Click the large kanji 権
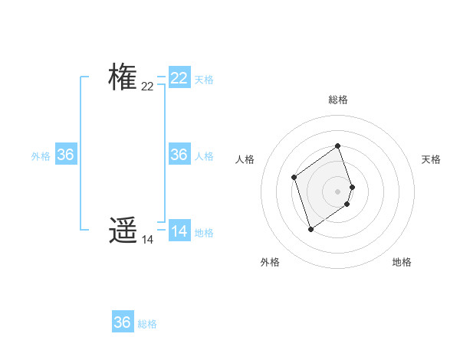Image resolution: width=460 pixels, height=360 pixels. [x=123, y=77]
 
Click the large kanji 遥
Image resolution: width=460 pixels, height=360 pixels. [x=123, y=230]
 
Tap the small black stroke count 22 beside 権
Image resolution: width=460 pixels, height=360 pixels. [x=147, y=87]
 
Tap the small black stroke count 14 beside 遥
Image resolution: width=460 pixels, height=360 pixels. [x=147, y=240]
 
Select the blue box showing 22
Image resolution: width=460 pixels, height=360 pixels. [x=179, y=78]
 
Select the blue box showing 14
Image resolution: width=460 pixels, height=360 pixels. [x=179, y=231]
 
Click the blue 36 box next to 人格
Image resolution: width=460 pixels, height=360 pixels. [x=179, y=155]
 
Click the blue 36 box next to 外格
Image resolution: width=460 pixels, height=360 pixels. [x=66, y=155]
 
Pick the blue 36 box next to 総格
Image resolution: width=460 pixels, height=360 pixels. [x=123, y=322]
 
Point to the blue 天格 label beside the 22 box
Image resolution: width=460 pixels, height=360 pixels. [x=204, y=80]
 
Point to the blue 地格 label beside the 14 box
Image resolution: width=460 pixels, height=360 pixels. [x=204, y=233]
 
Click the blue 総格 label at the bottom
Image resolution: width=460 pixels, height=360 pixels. [x=147, y=324]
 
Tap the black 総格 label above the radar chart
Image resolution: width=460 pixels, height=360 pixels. [x=338, y=100]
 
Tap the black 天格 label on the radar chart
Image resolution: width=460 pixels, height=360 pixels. [x=431, y=159]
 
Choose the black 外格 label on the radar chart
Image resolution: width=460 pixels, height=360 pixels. [x=270, y=262]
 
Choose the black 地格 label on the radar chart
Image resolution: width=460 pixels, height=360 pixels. [x=402, y=262]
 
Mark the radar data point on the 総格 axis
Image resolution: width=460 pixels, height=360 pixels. [x=338, y=146]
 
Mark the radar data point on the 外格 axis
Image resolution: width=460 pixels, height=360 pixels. [x=310, y=229]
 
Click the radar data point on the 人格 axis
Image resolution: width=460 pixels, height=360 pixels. [x=294, y=178]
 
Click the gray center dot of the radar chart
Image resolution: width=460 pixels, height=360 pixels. [x=338, y=191]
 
